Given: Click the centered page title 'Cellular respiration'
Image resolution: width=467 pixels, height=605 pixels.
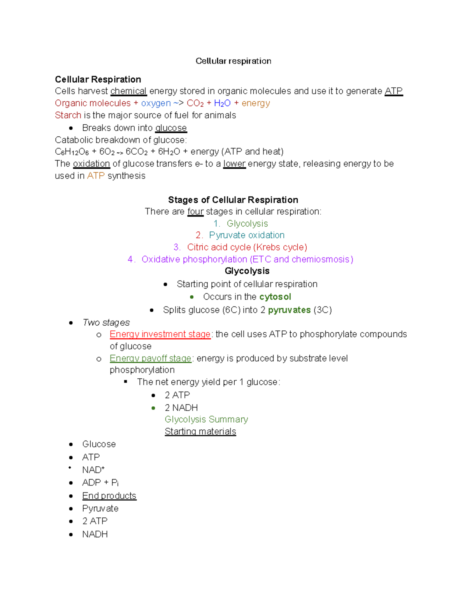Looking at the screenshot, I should [233, 61].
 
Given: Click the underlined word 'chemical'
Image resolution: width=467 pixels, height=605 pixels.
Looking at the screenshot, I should [128, 91].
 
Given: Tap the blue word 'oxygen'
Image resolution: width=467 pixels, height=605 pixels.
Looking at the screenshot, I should [156, 103].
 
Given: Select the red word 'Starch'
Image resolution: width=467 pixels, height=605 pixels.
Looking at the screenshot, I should [68, 115].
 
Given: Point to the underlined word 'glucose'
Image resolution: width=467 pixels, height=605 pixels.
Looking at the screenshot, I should [171, 128].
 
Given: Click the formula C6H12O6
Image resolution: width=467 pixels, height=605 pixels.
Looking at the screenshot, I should [72, 152].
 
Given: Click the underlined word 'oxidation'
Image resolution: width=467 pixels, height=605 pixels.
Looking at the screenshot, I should [91, 164].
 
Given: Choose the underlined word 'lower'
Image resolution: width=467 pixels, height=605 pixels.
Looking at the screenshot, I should [234, 164].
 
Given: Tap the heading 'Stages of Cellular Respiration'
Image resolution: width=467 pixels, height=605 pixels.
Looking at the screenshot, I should [233, 200].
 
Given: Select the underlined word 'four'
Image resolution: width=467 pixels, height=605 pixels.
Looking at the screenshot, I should [195, 212].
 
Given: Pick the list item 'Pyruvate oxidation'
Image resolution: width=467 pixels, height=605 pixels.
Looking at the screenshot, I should [246, 235].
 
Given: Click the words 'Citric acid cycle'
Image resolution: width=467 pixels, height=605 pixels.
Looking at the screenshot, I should [219, 247].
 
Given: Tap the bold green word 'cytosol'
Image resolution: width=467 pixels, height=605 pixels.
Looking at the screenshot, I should [275, 297].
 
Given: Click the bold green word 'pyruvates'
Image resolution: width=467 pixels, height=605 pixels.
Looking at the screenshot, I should [289, 310].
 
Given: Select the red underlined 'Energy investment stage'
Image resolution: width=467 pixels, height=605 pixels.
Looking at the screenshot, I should [160, 334].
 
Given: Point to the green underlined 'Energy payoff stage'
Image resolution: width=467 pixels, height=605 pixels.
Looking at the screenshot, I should [150, 358].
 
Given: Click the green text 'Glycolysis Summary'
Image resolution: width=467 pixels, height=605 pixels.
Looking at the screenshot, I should [206, 420].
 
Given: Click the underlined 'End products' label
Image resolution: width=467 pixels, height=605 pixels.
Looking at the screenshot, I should [109, 496].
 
